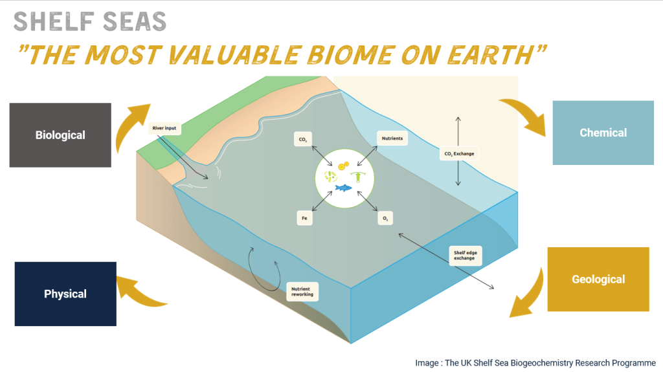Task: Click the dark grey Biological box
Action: [x=60, y=135]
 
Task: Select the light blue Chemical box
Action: [x=603, y=133]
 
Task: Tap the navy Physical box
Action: [x=65, y=294]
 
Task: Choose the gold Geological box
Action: [x=598, y=279]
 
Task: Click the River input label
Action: [x=164, y=128]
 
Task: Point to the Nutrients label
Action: [x=392, y=138]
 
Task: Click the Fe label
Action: [x=304, y=218]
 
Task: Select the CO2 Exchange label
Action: [x=459, y=154]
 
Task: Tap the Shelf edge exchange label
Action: [x=465, y=256]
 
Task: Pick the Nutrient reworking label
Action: [x=302, y=292]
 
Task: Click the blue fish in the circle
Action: [x=343, y=188]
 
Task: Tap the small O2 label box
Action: [x=385, y=218]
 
